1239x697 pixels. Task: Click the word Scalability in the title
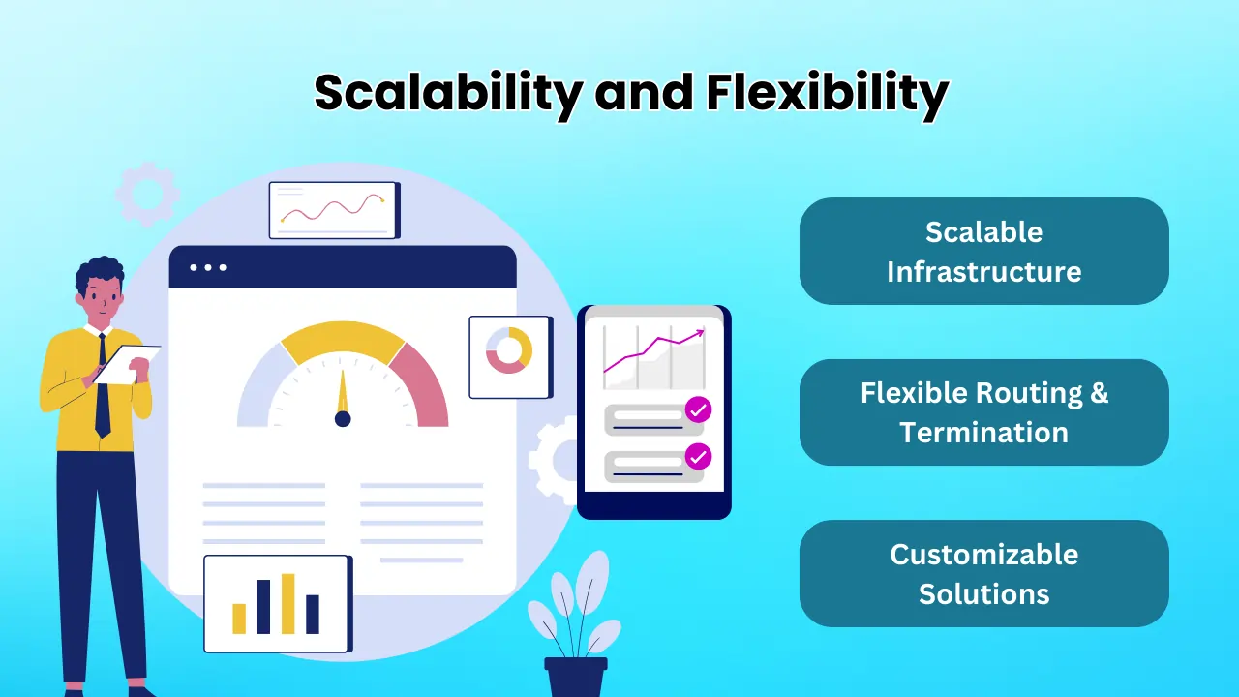[x=448, y=93]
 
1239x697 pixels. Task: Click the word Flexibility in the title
[x=828, y=93]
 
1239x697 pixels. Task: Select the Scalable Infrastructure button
[x=984, y=251]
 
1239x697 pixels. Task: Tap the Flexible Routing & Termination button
[x=984, y=412]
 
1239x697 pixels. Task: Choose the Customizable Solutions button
[x=984, y=574]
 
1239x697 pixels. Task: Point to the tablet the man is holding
[x=127, y=364]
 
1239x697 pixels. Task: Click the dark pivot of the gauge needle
[x=343, y=419]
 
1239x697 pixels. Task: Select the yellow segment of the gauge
[x=343, y=339]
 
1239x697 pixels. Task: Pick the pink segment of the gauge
[x=421, y=380]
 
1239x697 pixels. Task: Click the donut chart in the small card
[x=509, y=350]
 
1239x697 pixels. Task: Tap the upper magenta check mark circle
[x=698, y=409]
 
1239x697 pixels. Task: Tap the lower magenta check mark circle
[x=698, y=456]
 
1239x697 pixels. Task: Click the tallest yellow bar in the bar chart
[x=288, y=603]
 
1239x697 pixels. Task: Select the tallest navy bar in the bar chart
[x=264, y=607]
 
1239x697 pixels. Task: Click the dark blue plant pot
[x=576, y=677]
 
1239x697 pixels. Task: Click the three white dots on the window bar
[x=208, y=268]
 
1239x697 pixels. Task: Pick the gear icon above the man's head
[x=148, y=195]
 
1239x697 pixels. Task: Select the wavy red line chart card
[x=335, y=210]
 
